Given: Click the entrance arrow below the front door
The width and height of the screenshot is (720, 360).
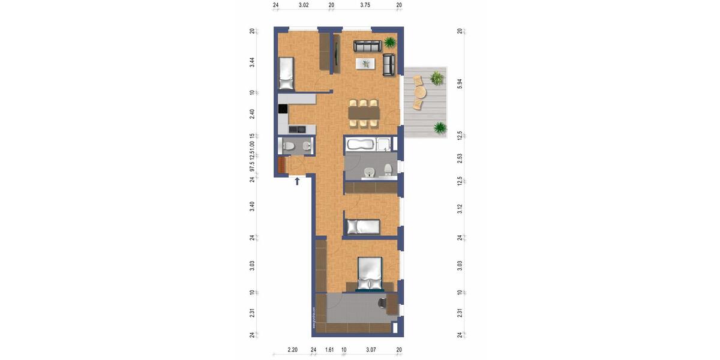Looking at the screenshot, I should [297, 181].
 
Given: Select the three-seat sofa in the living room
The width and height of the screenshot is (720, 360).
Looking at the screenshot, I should [367, 46].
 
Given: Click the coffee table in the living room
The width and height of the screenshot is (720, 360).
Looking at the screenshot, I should [365, 63].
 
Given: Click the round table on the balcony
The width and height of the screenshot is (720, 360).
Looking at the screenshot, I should [419, 92].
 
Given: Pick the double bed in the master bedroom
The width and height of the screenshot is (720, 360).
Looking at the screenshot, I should [370, 274].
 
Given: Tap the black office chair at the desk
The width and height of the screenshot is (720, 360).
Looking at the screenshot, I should [383, 303].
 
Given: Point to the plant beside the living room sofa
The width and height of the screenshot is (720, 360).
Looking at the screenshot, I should [391, 42].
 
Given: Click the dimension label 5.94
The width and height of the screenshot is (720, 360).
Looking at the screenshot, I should [460, 83].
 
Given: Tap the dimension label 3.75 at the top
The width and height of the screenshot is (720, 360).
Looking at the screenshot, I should [365, 5].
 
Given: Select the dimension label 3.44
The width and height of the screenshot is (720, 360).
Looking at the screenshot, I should [253, 62].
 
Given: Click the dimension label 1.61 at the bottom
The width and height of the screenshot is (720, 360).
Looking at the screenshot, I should [329, 349].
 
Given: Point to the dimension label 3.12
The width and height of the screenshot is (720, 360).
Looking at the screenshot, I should [460, 208].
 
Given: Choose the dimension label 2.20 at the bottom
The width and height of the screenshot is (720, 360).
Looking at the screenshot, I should [292, 349].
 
